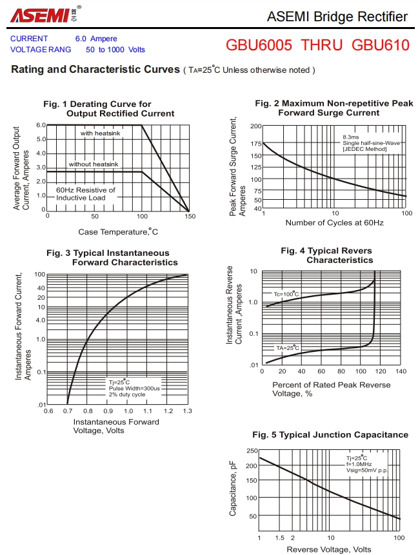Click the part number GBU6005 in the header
click(259, 45)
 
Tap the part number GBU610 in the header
click(381, 45)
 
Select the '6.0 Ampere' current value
click(96, 39)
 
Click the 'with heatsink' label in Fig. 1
click(101, 133)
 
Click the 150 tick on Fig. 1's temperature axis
click(189, 217)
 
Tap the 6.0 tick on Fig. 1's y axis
click(41, 125)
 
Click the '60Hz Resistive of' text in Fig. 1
click(86, 190)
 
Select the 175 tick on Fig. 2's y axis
click(255, 143)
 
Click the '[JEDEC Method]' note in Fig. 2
click(365, 149)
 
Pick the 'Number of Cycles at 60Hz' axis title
click(334, 223)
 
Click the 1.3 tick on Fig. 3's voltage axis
click(188, 411)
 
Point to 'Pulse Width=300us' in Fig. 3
click(134, 389)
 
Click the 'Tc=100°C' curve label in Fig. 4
click(286, 294)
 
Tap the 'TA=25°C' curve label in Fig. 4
click(288, 348)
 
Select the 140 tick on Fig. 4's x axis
click(401, 371)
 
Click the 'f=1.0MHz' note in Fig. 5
click(359, 464)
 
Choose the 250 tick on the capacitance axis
click(252, 451)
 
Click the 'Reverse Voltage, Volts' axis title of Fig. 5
click(329, 549)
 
